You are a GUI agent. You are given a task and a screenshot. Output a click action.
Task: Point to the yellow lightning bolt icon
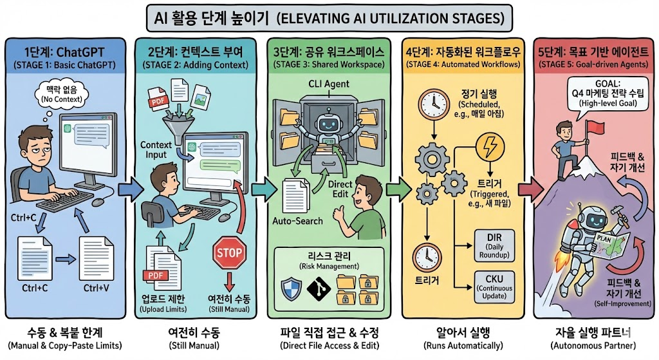click(x=489, y=146)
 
